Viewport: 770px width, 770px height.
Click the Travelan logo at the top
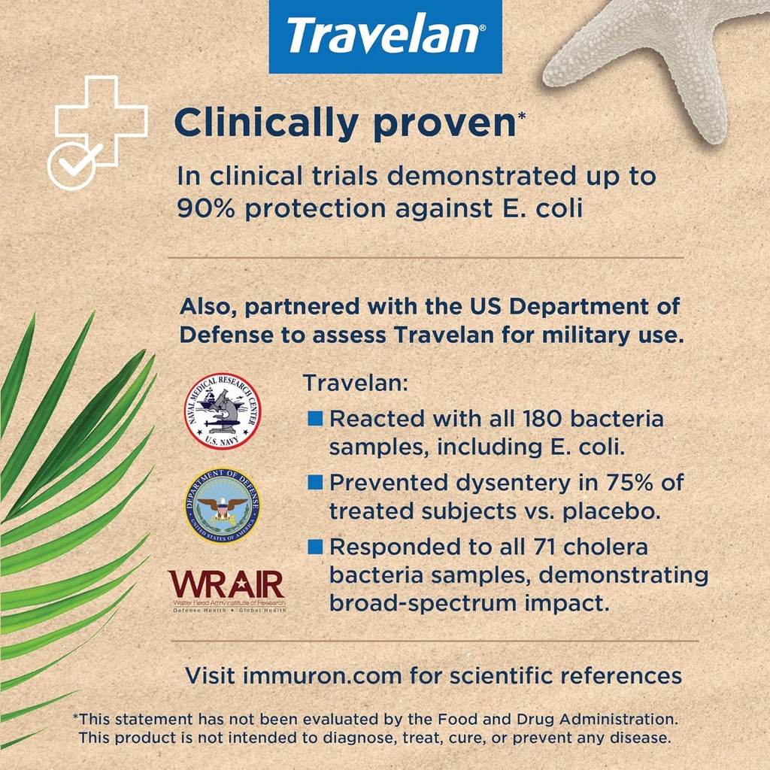click(385, 36)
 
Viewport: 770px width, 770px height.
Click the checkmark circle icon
click(72, 164)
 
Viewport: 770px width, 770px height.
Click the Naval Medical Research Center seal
click(223, 411)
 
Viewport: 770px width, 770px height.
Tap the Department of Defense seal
click(222, 506)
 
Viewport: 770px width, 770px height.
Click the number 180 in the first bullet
click(530, 418)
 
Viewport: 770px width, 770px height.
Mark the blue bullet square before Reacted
click(315, 418)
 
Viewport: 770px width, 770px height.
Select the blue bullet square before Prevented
click(315, 482)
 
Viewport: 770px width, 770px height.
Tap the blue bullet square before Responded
click(315, 547)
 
